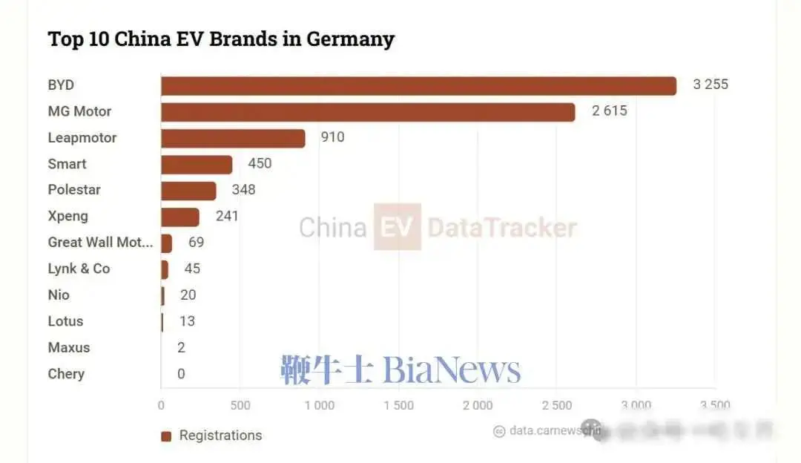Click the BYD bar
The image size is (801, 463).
pos(418,85)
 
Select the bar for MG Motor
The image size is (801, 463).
pos(368,112)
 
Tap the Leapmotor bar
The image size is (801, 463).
pos(233,138)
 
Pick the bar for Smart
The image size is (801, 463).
pos(197,164)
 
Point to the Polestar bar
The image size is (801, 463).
pos(188,190)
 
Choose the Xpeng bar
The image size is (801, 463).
pos(180,217)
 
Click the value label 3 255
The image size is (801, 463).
pos(711,85)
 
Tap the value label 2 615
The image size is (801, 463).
pos(609,111)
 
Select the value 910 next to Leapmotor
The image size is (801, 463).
pos(332,137)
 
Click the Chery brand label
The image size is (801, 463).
pos(66,374)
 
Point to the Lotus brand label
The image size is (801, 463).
pos(65,321)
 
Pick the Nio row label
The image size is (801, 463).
pos(59,295)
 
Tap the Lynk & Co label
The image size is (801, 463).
pos(79,269)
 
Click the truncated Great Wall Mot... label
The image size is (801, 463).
pos(100,243)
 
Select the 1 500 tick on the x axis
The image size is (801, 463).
pos(398,406)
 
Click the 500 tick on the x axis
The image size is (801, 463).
pos(240,406)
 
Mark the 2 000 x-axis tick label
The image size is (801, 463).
pos(478,406)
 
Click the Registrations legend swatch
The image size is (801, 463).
pos(166,436)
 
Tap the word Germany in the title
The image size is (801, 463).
pos(349,39)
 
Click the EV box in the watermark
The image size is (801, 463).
pos(397,227)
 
